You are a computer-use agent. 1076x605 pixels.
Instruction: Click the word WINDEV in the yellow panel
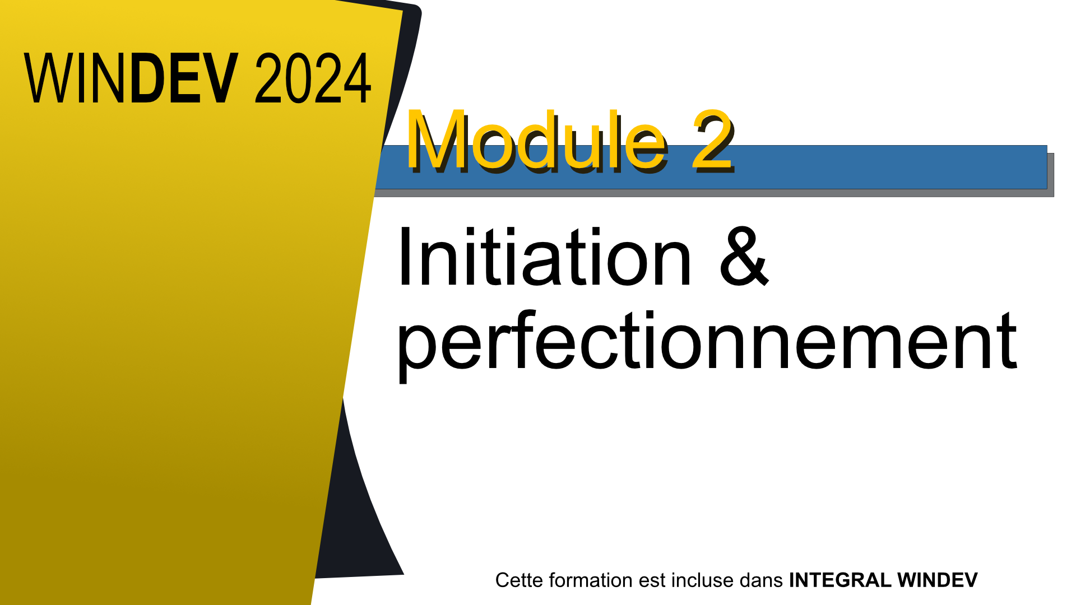[x=131, y=78]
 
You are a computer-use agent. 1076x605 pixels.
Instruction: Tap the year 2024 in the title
[x=313, y=78]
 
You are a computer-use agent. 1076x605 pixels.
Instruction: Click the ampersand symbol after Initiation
[x=744, y=257]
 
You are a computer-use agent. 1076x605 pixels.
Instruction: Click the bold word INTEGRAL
[x=840, y=580]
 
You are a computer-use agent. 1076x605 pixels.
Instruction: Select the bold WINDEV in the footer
[x=938, y=580]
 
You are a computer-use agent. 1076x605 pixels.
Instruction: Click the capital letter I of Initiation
[x=405, y=257]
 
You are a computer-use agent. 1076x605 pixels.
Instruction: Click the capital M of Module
[x=434, y=140]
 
